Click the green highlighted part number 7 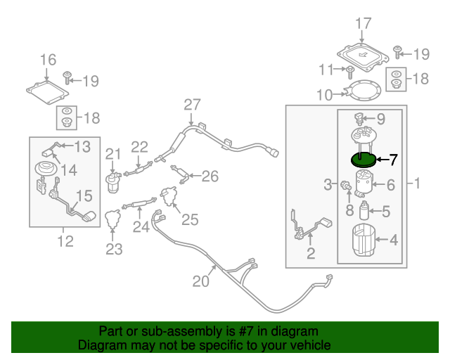[x=363, y=161]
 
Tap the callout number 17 [x=362, y=25]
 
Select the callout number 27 [x=192, y=105]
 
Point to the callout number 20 [x=201, y=282]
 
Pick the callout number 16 [x=47, y=60]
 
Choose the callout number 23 [x=114, y=248]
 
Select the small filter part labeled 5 [x=365, y=210]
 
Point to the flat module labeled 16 [x=48, y=91]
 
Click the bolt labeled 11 [x=349, y=70]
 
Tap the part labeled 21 [x=112, y=182]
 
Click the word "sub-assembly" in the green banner [x=169, y=330]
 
